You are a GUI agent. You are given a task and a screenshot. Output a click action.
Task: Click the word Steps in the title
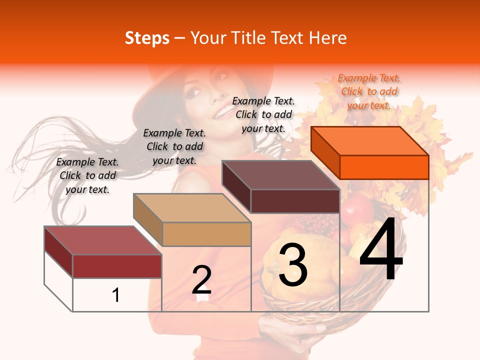tap(147, 38)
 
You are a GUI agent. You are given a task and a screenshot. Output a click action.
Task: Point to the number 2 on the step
tap(201, 280)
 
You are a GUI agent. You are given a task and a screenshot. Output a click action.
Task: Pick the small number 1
tap(116, 295)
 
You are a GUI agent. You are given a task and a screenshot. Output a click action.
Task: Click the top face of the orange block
tap(369, 141)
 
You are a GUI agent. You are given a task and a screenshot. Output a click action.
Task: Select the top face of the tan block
tap(191, 208)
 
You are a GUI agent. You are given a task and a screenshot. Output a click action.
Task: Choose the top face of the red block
tap(102, 240)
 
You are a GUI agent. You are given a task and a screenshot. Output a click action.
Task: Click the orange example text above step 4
tap(369, 91)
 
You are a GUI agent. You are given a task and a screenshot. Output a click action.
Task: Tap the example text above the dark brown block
tap(263, 114)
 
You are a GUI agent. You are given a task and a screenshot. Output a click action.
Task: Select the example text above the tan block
tap(174, 146)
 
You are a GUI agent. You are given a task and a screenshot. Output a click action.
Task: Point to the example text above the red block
tap(87, 175)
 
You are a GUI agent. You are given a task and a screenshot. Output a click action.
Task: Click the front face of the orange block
tap(384, 167)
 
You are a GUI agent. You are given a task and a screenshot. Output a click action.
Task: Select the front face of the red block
tap(117, 266)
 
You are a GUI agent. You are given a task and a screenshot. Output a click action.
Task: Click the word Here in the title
tap(327, 38)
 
